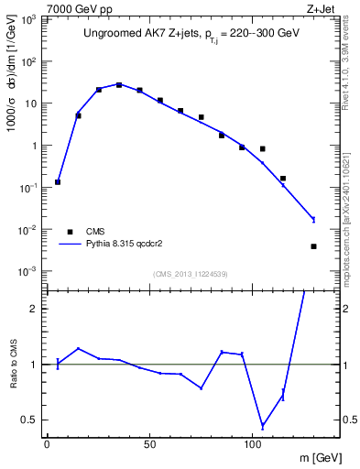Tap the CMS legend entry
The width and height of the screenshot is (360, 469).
96,232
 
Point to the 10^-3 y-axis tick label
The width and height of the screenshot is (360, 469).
30,272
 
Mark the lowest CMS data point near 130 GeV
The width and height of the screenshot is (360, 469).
313,246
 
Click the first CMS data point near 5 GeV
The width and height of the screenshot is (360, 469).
58,182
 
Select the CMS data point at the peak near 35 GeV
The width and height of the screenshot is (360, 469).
119,85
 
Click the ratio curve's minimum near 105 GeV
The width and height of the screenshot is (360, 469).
263,426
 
